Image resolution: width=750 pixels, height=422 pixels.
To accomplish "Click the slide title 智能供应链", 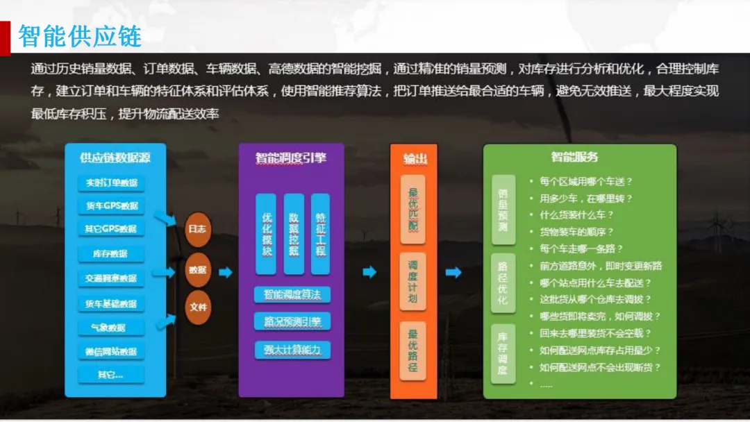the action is (x=80, y=36).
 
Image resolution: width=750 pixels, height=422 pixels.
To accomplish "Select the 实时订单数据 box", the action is (x=111, y=183).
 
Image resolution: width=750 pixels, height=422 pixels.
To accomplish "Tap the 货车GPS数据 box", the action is (x=111, y=206).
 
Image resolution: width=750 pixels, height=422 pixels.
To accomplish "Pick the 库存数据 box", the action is (x=111, y=254).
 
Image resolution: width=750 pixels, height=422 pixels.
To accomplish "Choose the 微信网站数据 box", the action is (x=111, y=352).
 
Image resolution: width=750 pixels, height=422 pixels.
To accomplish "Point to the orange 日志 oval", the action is (x=197, y=229).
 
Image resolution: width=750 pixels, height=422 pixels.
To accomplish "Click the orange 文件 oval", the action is (x=197, y=307).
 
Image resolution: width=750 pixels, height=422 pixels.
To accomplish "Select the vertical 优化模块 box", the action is (x=267, y=234).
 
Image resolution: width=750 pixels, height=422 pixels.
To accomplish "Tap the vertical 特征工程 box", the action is (x=320, y=234).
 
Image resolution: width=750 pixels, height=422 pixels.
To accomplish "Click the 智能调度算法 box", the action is (x=292, y=294).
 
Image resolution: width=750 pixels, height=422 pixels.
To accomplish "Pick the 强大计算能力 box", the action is (x=292, y=350).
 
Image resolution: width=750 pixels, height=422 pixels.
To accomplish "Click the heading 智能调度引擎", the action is (x=291, y=159).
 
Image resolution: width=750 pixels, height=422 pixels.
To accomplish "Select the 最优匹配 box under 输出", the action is (x=412, y=209).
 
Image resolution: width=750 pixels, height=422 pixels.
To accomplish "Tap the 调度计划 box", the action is (x=412, y=282).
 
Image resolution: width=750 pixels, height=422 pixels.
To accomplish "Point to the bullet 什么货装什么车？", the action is (x=576, y=215).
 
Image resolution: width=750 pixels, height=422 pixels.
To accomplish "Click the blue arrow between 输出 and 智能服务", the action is (x=453, y=273).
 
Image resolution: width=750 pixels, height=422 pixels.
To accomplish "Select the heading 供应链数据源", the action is (x=115, y=158).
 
